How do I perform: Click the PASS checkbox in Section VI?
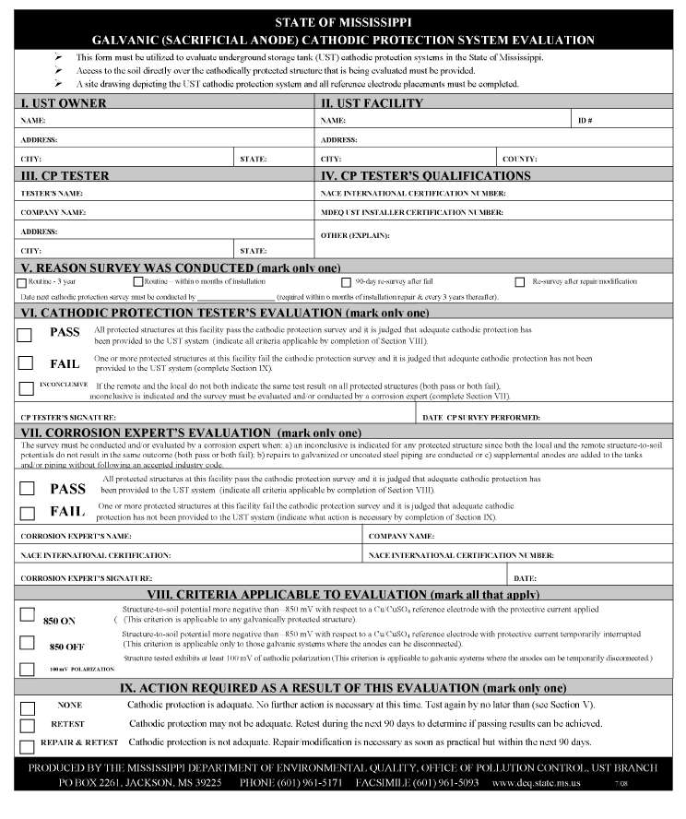click(25, 335)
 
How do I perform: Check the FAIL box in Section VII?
click(27, 513)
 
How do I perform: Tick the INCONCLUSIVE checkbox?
click(25, 388)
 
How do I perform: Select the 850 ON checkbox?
click(27, 614)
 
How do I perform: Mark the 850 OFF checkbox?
click(27, 642)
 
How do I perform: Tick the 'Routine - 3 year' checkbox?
click(22, 281)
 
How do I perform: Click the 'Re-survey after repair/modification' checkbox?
click(520, 281)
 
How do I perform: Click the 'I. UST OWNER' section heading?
click(64, 103)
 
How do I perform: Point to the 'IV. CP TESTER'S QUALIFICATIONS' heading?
click(425, 175)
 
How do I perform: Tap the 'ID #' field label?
click(585, 121)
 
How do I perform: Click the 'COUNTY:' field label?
click(520, 159)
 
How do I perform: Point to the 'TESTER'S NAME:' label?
click(52, 194)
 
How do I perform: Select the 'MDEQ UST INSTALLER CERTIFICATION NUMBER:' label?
click(411, 212)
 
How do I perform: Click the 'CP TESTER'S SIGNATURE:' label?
click(67, 417)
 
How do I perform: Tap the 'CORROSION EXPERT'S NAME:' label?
click(75, 536)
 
